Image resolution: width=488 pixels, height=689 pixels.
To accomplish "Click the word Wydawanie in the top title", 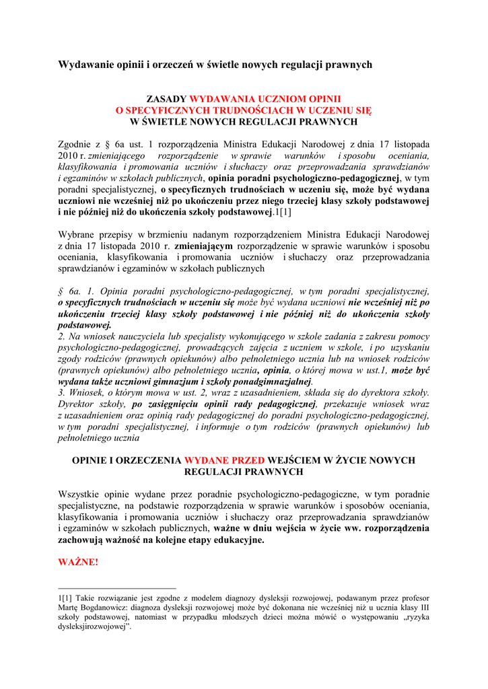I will click(81, 65).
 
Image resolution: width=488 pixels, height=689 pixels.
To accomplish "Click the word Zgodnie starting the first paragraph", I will click(74, 145).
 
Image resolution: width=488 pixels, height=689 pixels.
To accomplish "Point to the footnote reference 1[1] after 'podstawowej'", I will click(283, 213).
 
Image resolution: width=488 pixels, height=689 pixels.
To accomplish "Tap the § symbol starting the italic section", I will click(61, 291).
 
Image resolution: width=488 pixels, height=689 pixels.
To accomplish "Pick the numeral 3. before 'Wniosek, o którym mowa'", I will click(61, 393).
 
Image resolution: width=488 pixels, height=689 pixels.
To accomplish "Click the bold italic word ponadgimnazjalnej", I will click(275, 382).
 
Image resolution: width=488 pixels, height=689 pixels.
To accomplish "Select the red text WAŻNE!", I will click(78, 562).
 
